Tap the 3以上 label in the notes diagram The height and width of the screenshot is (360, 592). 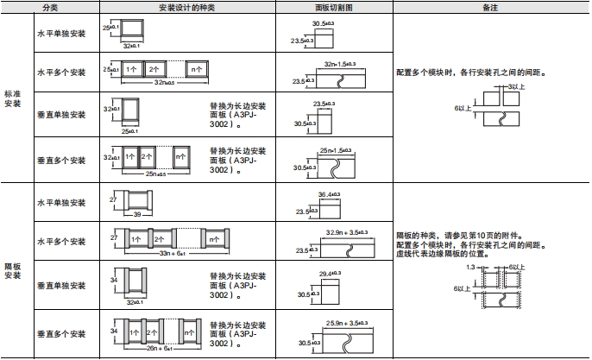tap(514, 87)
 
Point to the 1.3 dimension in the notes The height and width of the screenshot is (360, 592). tap(470, 268)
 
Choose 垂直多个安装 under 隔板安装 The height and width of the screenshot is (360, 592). tap(61, 333)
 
